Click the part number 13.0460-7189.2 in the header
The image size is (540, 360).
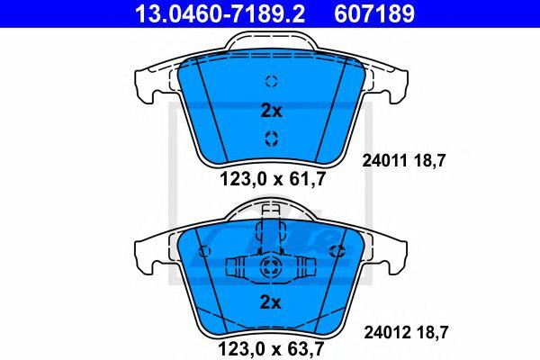coord(220,13)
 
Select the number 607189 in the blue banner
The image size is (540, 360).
coord(374,13)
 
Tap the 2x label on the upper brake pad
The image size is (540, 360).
coord(271,111)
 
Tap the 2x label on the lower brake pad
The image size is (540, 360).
coord(271,302)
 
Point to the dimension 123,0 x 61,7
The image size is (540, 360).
coord(273,179)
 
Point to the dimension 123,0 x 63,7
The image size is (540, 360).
coord(272,349)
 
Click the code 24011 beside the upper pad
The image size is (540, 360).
coord(384,161)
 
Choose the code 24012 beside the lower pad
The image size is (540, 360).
coord(387,332)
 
